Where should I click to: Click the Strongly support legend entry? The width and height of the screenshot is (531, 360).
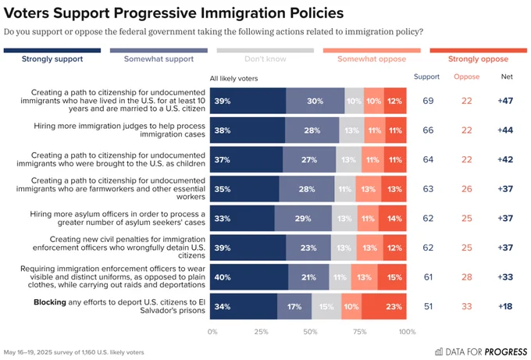pyautogui.click(x=52, y=59)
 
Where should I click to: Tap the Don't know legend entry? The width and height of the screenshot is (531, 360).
pyautogui.click(x=265, y=59)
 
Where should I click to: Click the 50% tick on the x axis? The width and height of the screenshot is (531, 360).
pyautogui.click(x=310, y=332)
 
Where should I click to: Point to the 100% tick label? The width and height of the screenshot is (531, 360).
pyautogui.click(x=407, y=332)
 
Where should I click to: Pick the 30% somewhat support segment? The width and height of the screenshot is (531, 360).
pyautogui.click(x=315, y=101)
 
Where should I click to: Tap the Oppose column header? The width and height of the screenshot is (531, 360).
pyautogui.click(x=465, y=77)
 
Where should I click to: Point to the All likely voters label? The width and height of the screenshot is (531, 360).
pyautogui.click(x=234, y=78)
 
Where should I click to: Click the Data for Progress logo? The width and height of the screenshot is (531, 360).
pyautogui.click(x=472, y=351)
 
